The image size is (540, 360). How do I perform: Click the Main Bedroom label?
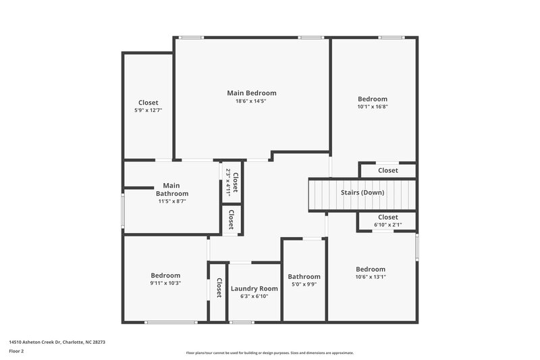(251, 93)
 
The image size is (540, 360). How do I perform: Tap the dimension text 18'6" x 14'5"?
(251, 101)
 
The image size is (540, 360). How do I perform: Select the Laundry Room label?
(254, 288)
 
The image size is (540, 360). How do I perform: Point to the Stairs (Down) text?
(362, 192)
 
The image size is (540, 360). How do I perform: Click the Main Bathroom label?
(171, 189)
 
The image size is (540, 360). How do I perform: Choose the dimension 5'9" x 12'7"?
(148, 110)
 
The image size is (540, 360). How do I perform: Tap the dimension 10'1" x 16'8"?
(372, 106)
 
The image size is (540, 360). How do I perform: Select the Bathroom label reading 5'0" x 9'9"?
(304, 276)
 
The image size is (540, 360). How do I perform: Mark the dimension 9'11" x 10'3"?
(165, 283)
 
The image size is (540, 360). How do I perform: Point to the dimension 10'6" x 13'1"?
(371, 276)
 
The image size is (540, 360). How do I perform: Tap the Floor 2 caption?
(16, 351)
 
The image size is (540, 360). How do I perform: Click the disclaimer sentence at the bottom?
(269, 353)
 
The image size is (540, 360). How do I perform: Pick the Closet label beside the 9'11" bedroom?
(219, 289)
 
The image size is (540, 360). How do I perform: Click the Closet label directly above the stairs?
(387, 171)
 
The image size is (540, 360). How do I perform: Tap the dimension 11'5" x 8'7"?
(171, 201)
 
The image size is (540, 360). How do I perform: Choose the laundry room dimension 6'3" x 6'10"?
(254, 296)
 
